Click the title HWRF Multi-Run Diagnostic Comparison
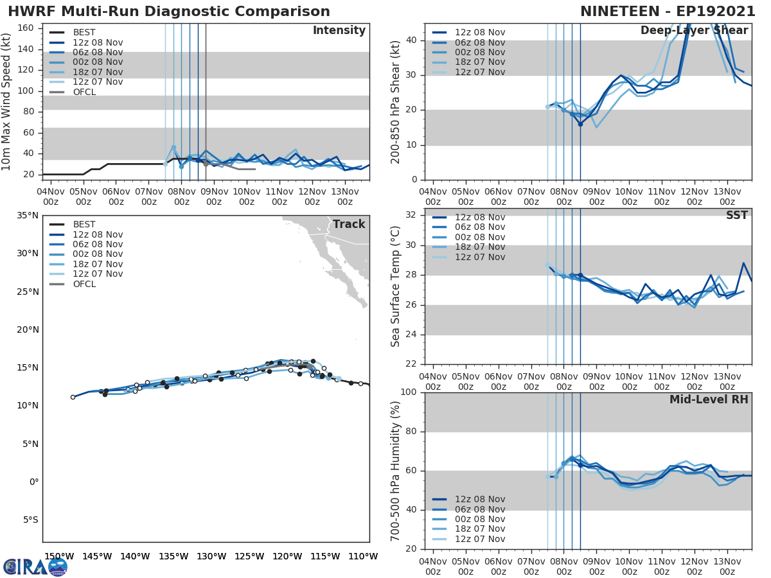pyautogui.click(x=168, y=12)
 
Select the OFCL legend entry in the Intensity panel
pyautogui.click(x=84, y=92)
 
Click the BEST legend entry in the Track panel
pyautogui.click(x=84, y=225)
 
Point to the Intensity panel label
pyautogui.click(x=339, y=31)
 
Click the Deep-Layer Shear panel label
pyautogui.click(x=694, y=31)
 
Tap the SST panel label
pyautogui.click(x=736, y=215)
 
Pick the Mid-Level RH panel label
pyautogui.click(x=709, y=399)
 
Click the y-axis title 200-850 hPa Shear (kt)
pyautogui.click(x=396, y=101)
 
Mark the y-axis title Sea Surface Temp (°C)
pyautogui.click(x=396, y=286)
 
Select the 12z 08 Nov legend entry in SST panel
pyautogui.click(x=480, y=217)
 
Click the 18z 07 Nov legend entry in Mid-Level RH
pyautogui.click(x=480, y=529)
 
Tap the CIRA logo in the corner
pyautogui.click(x=35, y=566)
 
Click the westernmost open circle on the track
pyautogui.click(x=73, y=397)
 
